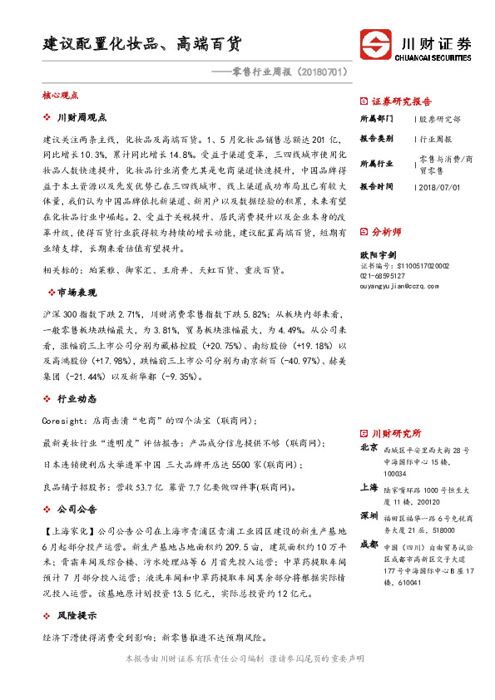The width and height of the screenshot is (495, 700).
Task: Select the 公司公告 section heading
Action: (79, 509)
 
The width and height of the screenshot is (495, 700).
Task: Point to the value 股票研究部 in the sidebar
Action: (442, 120)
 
